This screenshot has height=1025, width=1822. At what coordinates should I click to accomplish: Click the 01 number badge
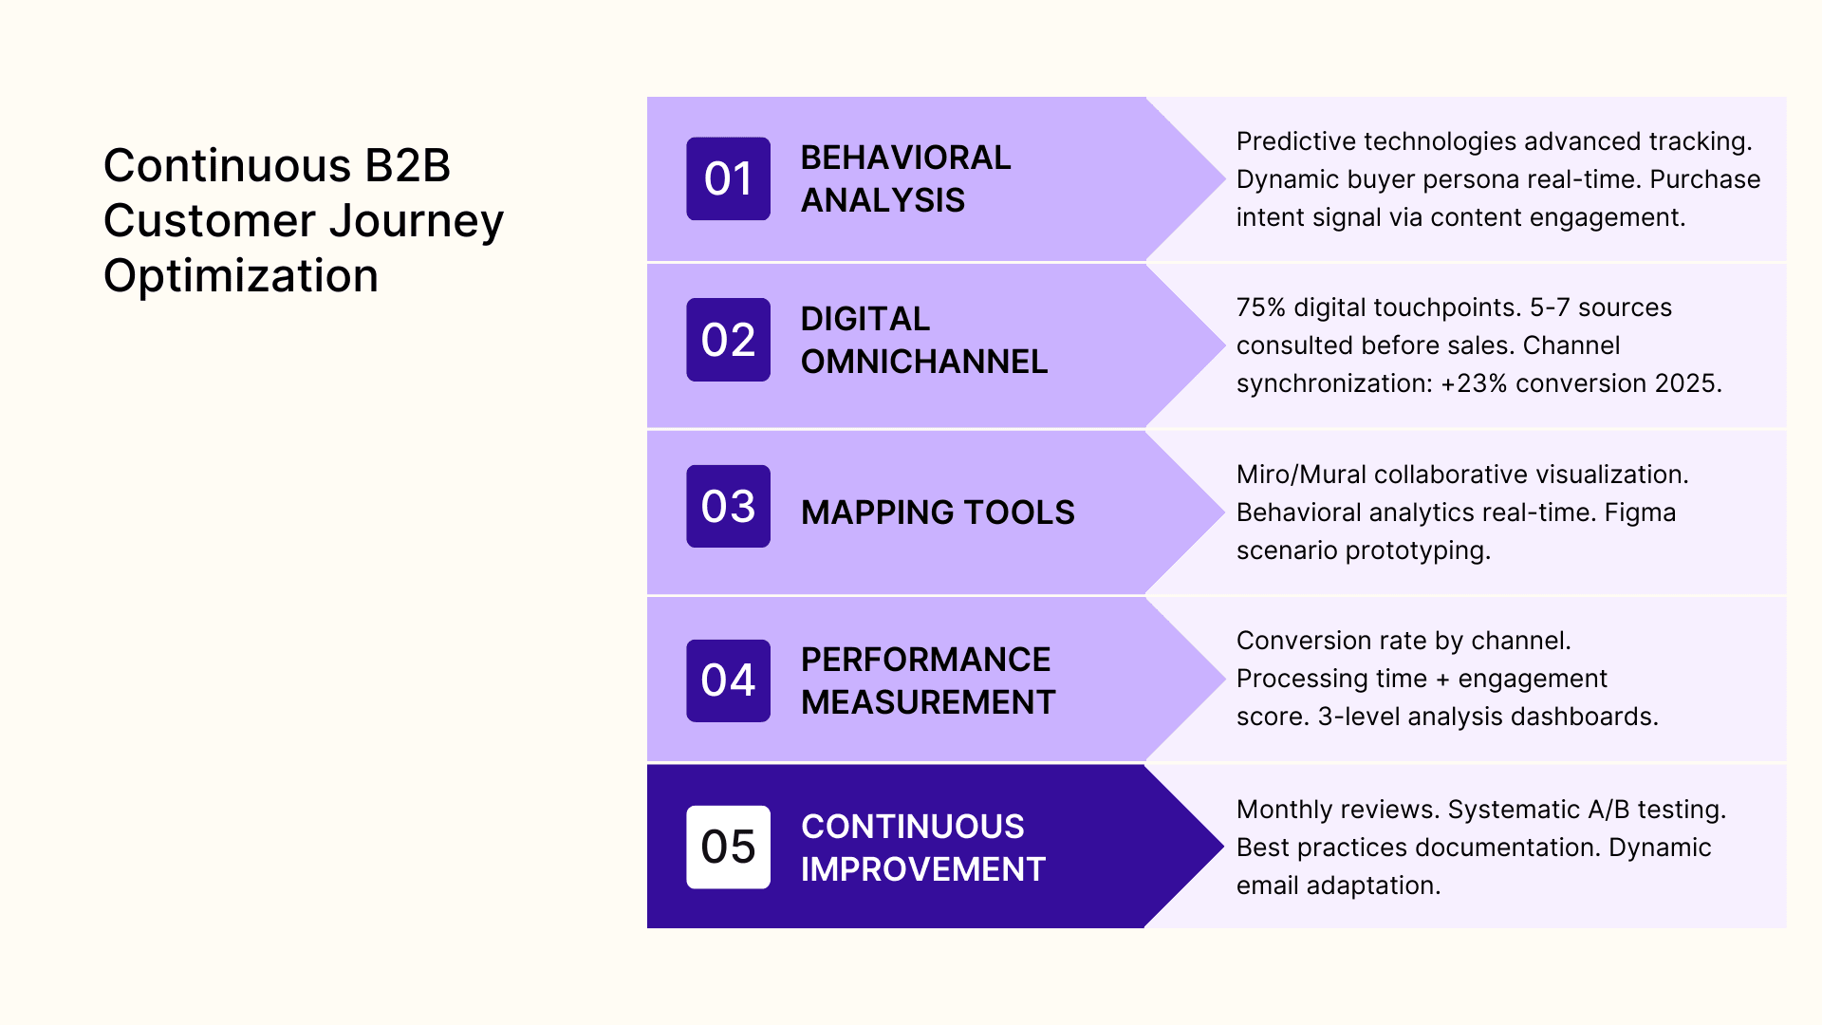click(x=728, y=178)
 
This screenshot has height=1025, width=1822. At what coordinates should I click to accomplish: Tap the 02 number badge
click(x=728, y=340)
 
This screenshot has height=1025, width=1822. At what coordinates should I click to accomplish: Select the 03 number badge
click(x=728, y=506)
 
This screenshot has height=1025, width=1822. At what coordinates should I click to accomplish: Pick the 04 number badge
click(x=728, y=680)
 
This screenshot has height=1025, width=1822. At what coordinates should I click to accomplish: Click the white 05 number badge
click(x=728, y=847)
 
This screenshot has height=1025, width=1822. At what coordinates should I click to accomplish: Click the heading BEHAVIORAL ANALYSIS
click(x=905, y=178)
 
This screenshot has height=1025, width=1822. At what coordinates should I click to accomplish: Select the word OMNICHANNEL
click(x=923, y=362)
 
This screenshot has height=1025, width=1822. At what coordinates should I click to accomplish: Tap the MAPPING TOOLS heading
click(x=937, y=512)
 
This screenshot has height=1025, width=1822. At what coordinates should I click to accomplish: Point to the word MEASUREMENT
click(x=927, y=702)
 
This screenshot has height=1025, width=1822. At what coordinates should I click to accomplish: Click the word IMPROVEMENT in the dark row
click(x=922, y=869)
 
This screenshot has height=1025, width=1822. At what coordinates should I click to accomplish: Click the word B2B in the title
click(x=407, y=166)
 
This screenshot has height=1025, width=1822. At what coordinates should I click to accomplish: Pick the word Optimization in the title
click(x=241, y=276)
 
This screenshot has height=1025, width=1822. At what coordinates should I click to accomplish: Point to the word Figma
click(x=1640, y=512)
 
